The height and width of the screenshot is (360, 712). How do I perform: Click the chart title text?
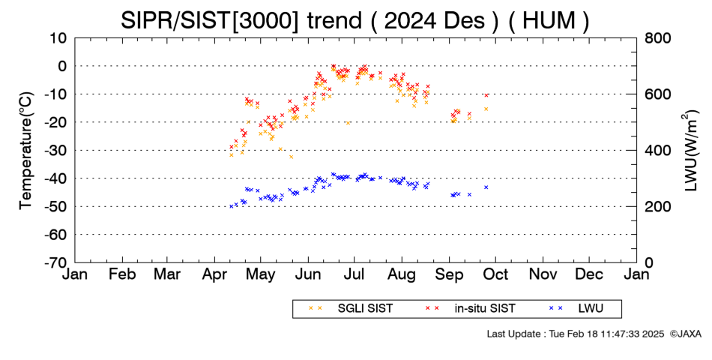click(355, 20)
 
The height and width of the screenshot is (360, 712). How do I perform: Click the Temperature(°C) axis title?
click(26, 151)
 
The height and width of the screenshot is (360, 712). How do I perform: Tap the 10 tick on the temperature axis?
click(58, 38)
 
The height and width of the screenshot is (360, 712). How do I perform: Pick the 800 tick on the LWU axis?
click(657, 38)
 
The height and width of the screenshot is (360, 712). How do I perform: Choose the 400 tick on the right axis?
click(657, 151)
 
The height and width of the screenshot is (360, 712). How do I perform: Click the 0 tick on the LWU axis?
click(648, 262)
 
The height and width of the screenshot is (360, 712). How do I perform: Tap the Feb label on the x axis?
click(122, 274)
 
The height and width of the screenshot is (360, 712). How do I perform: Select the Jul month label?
click(354, 274)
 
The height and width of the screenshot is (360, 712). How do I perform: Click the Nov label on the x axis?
click(543, 274)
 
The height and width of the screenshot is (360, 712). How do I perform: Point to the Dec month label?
click(589, 274)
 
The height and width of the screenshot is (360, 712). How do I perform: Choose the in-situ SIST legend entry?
click(471, 309)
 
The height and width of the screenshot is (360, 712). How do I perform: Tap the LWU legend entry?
click(576, 309)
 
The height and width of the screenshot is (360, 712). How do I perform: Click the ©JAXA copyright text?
click(685, 334)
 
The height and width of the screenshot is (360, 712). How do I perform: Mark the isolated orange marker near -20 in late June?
click(349, 123)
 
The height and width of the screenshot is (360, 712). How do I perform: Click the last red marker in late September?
click(486, 95)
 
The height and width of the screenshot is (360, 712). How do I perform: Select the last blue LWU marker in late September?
click(486, 187)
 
